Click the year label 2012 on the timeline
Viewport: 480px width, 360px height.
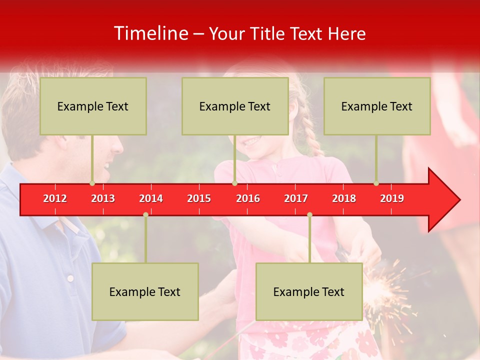coord(55,198)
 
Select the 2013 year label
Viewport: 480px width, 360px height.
coord(103,198)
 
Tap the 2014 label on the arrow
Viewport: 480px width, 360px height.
coord(151,198)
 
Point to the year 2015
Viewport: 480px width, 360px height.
coord(199,198)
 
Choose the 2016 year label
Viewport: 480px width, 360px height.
coord(248,198)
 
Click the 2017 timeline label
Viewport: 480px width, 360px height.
coord(296,198)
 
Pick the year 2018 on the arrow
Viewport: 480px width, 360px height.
coord(344,198)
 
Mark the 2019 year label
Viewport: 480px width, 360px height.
coord(392,198)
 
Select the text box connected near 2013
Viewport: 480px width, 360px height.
coord(93,106)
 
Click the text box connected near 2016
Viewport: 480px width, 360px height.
coord(235,106)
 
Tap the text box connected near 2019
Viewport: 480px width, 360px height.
coord(377,106)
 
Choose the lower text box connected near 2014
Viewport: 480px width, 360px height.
coord(145,292)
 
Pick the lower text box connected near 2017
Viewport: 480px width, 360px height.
coord(309,292)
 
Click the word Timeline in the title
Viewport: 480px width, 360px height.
coord(150,33)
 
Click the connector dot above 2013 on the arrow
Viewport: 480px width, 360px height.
coord(92,183)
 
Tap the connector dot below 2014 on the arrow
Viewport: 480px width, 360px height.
coord(145,215)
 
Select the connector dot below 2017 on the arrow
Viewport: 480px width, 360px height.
coord(309,215)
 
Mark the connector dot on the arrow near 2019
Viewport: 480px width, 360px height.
coord(376,183)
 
